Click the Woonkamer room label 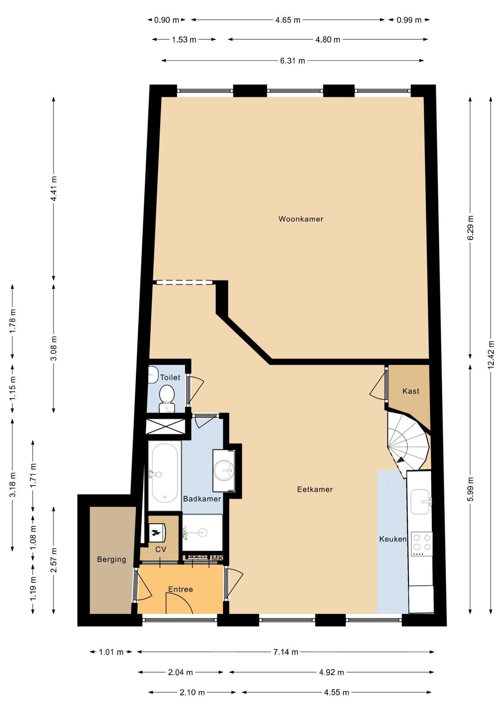(x=301, y=219)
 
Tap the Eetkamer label (x=315, y=489)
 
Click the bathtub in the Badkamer (x=164, y=475)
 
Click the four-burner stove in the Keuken (x=422, y=544)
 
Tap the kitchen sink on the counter (x=421, y=502)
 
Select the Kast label (x=411, y=391)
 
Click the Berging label (x=111, y=559)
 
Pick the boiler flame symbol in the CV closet (x=156, y=533)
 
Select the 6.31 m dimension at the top (x=293, y=60)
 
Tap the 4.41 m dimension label (x=54, y=188)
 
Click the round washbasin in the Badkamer (x=224, y=471)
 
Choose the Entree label (x=180, y=589)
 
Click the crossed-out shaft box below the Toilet (x=165, y=426)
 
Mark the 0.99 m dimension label (x=409, y=20)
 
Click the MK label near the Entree (x=217, y=558)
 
